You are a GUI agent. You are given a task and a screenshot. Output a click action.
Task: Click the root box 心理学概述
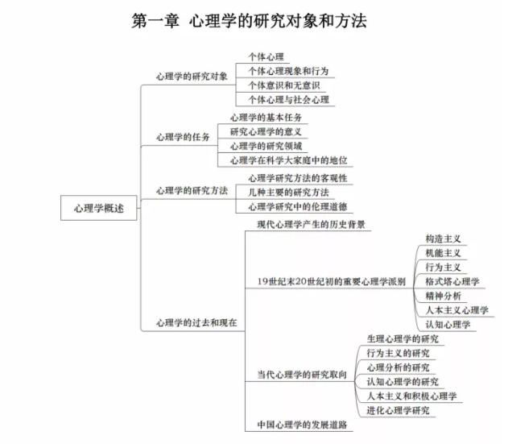pyautogui.click(x=98, y=208)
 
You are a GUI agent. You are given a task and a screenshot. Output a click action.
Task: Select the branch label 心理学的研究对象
pyautogui.click(x=192, y=77)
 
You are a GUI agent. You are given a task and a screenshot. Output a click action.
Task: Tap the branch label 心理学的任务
pyautogui.click(x=183, y=137)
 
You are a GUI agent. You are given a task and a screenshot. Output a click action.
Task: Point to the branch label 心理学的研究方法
pyautogui.click(x=192, y=190)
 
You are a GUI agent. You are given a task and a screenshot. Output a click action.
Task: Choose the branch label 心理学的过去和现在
pyautogui.click(x=196, y=322)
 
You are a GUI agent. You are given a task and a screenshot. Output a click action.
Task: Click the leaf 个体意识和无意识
pyautogui.click(x=284, y=85)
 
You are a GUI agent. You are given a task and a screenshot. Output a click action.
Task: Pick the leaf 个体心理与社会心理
pyautogui.click(x=289, y=100)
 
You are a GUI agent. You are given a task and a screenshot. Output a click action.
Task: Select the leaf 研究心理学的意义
pyautogui.click(x=266, y=131)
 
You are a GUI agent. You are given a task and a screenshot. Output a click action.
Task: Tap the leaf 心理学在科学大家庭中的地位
pyautogui.click(x=289, y=160)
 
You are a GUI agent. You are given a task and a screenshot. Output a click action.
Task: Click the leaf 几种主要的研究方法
pyautogui.click(x=289, y=193)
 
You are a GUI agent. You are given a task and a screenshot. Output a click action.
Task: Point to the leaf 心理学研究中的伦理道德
pyautogui.click(x=298, y=206)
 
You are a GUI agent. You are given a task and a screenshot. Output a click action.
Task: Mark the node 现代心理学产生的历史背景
pyautogui.click(x=311, y=225)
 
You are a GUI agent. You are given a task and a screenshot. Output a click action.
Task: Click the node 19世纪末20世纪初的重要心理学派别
pyautogui.click(x=332, y=281)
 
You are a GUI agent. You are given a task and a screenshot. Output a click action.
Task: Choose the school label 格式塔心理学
pyautogui.click(x=452, y=281)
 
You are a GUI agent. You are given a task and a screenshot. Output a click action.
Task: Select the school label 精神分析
pyautogui.click(x=444, y=296)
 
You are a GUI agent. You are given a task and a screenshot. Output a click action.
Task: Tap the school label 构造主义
pyautogui.click(x=444, y=239)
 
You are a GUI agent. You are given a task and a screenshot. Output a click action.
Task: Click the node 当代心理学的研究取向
pyautogui.click(x=302, y=375)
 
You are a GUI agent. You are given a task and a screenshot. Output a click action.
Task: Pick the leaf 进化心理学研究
pyautogui.click(x=399, y=410)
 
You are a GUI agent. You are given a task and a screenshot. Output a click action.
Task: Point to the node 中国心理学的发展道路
pyautogui.click(x=302, y=425)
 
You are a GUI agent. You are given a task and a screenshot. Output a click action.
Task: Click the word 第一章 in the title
pyautogui.click(x=155, y=21)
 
